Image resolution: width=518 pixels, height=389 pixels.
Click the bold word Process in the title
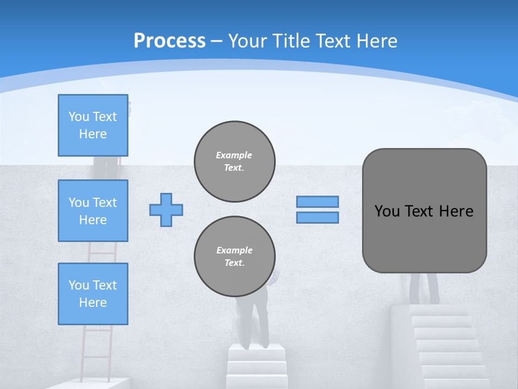coord(169,41)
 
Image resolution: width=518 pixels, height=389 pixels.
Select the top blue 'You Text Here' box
coord(93,125)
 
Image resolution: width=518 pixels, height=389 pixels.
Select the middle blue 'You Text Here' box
coord(93,211)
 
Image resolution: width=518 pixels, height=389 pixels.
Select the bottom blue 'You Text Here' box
coord(93,293)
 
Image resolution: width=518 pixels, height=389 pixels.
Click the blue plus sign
coord(166,210)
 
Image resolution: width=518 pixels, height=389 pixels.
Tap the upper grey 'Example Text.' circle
coord(234,162)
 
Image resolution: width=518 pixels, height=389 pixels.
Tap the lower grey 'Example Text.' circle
coord(234,257)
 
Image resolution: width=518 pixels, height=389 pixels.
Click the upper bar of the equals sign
coord(317,202)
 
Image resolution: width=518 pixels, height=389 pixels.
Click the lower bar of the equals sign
coord(317,217)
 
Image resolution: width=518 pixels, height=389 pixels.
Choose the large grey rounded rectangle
coord(424,238)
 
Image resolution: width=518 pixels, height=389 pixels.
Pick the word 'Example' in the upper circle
coord(234,155)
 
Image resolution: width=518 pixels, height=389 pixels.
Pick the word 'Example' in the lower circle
coord(234,250)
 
